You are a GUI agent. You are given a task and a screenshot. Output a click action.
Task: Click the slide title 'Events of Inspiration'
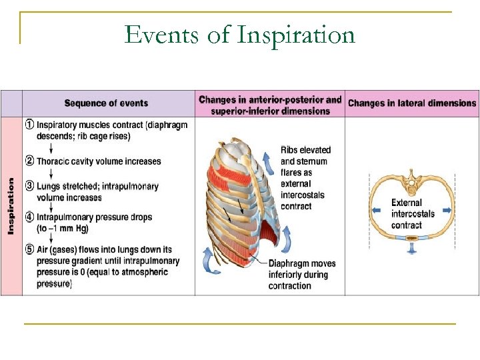pos(239,35)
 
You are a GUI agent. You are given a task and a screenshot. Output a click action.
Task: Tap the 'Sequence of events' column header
pos(106,103)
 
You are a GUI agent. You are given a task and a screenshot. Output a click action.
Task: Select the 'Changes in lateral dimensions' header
pos(412,103)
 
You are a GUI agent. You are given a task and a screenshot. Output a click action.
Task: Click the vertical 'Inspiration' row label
pos(11,205)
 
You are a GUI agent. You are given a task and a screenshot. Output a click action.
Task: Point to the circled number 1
pos(29,125)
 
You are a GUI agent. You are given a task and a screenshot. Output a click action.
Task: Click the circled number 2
pos(29,161)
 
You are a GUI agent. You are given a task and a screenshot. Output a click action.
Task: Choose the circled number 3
pos(29,186)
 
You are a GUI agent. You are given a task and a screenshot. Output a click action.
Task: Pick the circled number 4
pos(29,217)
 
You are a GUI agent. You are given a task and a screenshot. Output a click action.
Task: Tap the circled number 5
pos(29,250)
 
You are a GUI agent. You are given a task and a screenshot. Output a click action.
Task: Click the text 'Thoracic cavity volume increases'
pos(99,161)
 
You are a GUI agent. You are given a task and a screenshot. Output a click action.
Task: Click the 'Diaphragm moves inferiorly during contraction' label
pos(302,275)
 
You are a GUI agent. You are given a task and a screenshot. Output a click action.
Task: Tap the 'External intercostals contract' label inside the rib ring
pos(413,214)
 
